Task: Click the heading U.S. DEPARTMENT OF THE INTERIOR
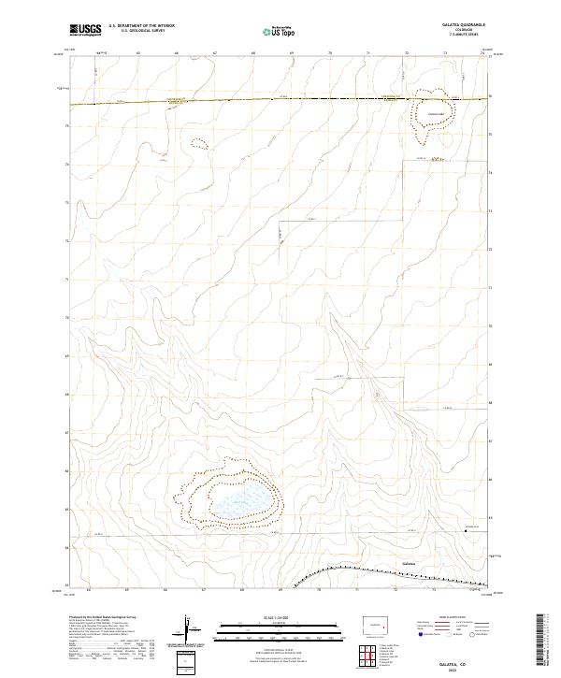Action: point(142,25)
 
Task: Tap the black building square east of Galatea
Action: point(467,529)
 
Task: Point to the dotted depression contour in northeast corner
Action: point(432,117)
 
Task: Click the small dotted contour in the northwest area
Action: point(197,144)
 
